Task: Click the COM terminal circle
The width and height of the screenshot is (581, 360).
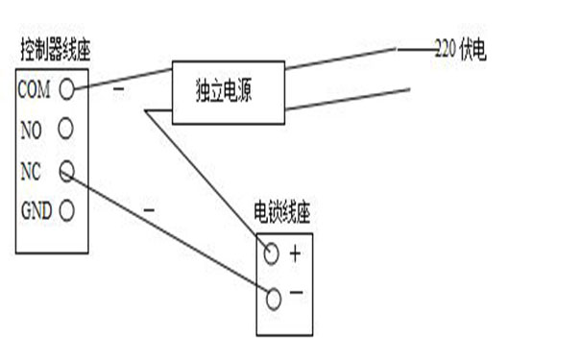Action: click(67, 88)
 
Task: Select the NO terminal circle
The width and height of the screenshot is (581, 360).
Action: click(67, 128)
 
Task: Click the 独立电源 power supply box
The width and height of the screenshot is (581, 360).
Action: click(228, 92)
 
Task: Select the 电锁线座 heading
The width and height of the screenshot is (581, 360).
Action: click(283, 212)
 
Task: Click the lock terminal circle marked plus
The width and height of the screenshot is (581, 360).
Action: click(272, 254)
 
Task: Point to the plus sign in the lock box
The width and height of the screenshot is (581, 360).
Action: click(295, 254)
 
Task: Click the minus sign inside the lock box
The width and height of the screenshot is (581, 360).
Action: click(296, 292)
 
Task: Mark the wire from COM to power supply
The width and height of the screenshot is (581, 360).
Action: click(120, 78)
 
